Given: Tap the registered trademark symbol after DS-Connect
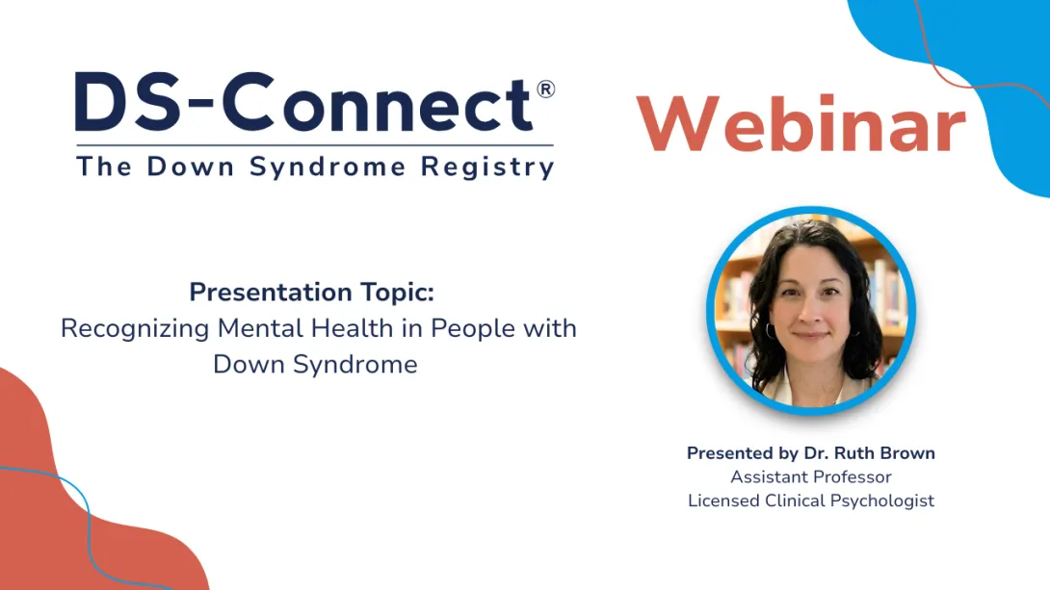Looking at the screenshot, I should tap(545, 90).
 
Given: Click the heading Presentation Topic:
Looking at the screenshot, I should tap(311, 292).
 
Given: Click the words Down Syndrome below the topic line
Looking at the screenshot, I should tap(315, 365).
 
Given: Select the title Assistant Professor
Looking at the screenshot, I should tap(810, 476).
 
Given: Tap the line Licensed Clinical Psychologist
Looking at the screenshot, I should tap(810, 500).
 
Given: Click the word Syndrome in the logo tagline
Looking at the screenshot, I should tap(330, 167).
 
